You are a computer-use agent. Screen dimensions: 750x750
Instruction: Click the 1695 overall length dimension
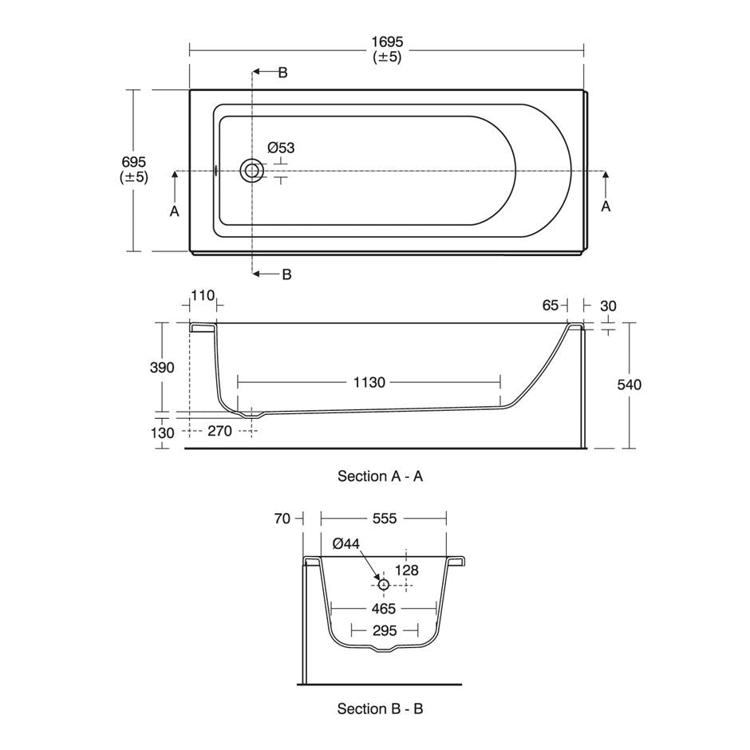387,41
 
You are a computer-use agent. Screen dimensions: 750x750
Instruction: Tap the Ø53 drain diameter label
281,148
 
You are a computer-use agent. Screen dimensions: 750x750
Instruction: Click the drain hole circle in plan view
253,170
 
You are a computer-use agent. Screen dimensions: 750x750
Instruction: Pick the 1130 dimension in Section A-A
369,382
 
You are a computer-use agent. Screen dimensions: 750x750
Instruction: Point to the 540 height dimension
630,385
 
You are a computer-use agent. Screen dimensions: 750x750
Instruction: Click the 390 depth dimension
162,368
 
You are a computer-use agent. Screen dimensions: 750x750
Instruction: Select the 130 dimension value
162,432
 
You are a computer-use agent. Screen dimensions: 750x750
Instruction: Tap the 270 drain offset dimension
219,431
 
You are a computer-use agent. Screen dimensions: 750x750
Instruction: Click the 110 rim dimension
203,296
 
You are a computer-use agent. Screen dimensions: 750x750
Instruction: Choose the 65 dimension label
550,305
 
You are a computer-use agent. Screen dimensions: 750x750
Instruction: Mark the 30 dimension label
607,305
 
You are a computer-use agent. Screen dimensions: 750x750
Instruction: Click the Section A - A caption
380,476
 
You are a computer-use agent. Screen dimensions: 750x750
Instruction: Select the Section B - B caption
380,709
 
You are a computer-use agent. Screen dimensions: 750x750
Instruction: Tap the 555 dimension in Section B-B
385,519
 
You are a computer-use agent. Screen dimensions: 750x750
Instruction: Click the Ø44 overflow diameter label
346,543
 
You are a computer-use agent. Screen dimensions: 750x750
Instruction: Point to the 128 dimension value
407,570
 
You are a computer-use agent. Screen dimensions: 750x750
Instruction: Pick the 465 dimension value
384,608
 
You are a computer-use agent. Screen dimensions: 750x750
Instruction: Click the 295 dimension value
384,631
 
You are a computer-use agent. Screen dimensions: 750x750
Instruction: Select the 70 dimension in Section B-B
282,519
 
